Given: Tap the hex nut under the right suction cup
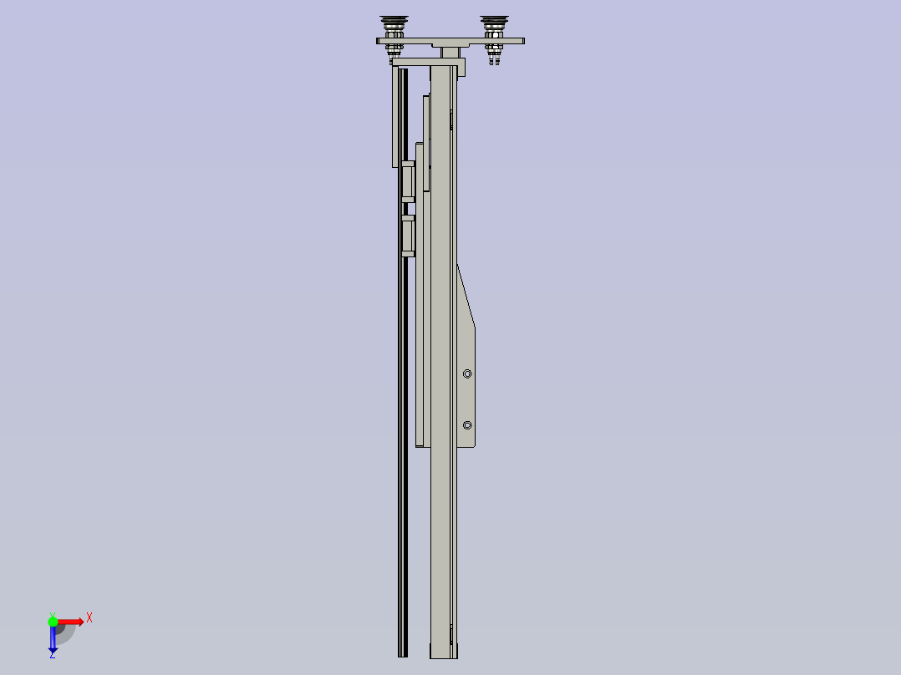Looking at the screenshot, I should tap(494, 48).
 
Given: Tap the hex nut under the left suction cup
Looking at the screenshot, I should tap(394, 48).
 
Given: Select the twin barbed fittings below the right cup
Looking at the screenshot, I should tap(494, 59).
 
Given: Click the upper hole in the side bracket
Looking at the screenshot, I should tap(467, 374).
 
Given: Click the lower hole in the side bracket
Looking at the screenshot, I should tap(467, 426).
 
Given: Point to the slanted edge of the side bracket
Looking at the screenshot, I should tap(466, 296).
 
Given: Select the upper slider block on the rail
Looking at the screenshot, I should tap(408, 181).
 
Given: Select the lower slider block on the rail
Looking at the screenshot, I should tap(408, 236).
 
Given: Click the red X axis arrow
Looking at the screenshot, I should tap(71, 621).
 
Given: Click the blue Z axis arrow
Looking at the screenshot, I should tap(53, 640).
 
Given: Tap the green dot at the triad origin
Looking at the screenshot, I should tap(53, 621).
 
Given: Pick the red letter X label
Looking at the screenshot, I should tap(89, 617).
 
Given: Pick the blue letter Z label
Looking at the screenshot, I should tap(53, 656).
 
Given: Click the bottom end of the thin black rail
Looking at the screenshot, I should tap(403, 652).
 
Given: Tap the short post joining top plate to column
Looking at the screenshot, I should tap(450, 52).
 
